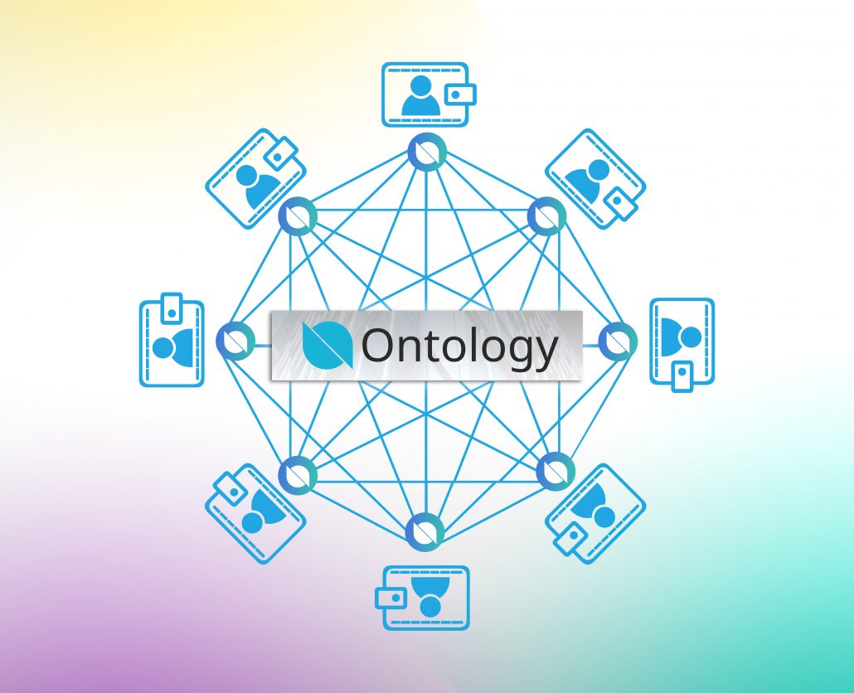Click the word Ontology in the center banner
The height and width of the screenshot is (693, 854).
pyautogui.click(x=459, y=346)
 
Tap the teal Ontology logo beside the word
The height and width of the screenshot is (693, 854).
pyautogui.click(x=328, y=345)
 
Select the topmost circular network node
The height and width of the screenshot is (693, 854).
pyautogui.click(x=428, y=152)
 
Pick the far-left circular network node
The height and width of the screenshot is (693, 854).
pyautogui.click(x=235, y=341)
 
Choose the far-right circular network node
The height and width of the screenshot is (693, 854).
pyautogui.click(x=618, y=341)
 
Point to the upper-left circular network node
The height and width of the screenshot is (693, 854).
pyautogui.click(x=298, y=216)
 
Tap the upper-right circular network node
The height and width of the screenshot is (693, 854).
pyautogui.click(x=547, y=216)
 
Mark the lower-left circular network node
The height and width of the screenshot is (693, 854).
pyautogui.click(x=298, y=475)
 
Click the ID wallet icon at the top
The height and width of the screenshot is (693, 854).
pyautogui.click(x=429, y=94)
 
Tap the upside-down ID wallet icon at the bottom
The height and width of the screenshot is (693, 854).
pyautogui.click(x=423, y=598)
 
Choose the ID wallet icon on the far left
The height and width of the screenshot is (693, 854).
pyautogui.click(x=172, y=340)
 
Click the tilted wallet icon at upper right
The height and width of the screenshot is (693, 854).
pyautogui.click(x=595, y=179)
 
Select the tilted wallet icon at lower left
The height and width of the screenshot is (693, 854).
pyautogui.click(x=255, y=514)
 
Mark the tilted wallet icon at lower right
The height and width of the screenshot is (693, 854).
pyautogui.click(x=595, y=514)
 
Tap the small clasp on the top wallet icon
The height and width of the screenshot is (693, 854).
pyautogui.click(x=461, y=94)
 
